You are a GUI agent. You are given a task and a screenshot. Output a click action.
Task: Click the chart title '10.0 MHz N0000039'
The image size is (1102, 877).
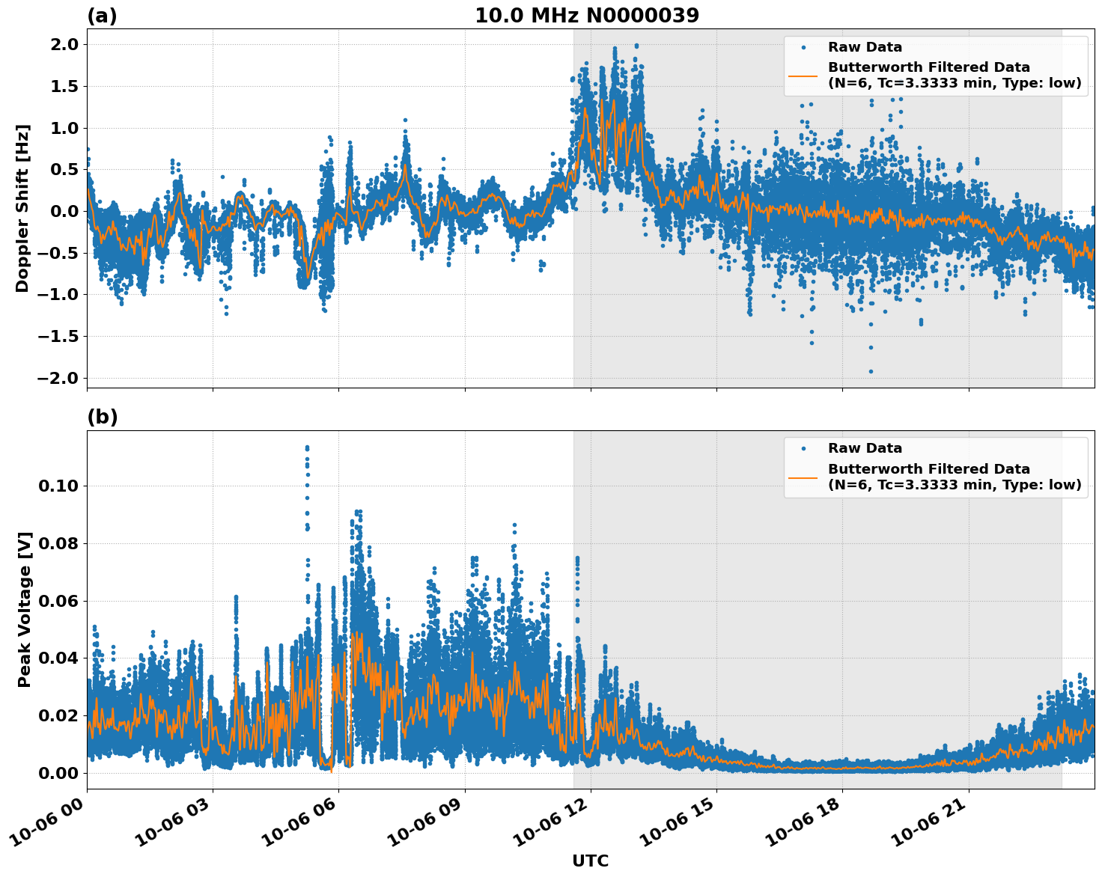[587, 16]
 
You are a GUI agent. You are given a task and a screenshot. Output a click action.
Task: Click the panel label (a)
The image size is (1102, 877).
[102, 16]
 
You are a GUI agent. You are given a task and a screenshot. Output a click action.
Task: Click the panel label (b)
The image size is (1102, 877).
[102, 417]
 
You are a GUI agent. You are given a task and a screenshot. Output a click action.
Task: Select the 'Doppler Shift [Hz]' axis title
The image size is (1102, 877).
[22, 208]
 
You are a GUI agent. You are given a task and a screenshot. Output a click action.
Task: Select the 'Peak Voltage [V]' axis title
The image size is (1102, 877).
[25, 609]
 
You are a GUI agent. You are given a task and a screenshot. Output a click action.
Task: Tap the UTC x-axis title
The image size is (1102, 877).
[590, 861]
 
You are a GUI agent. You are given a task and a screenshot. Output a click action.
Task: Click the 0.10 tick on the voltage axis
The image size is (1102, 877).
[58, 486]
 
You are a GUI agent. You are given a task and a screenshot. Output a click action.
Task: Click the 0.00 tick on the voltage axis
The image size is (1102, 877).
[58, 773]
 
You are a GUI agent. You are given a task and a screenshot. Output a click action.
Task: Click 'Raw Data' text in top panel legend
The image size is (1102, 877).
[865, 47]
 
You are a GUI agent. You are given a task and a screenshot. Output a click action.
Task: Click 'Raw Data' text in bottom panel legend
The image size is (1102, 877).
[865, 448]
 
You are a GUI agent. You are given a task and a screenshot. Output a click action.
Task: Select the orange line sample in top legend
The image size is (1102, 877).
[803, 76]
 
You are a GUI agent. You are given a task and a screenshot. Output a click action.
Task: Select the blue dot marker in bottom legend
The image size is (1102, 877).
[803, 448]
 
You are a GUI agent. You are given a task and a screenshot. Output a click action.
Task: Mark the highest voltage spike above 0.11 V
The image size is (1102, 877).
[307, 447]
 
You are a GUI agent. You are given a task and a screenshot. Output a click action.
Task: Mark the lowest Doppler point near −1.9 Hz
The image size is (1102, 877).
[871, 371]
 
